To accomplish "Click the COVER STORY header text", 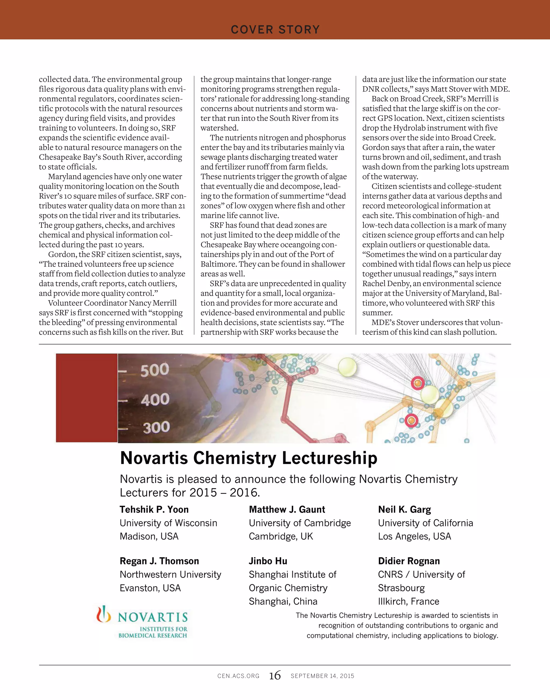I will tap(275, 30).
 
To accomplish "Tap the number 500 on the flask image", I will tap(155, 370).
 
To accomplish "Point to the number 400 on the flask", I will tap(155, 399).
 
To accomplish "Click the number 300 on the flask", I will tap(156, 427).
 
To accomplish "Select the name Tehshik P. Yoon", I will tap(154, 509).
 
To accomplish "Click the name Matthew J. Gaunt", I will tap(287, 509).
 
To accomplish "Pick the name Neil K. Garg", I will tap(404, 509).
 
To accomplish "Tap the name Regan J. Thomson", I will tap(159, 561).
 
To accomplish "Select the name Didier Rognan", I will tap(409, 561).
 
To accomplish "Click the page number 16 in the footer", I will tap(275, 676).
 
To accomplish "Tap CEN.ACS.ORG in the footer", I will tap(238, 676).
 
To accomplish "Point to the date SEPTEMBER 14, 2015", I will tap(322, 676).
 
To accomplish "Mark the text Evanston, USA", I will tap(150, 588).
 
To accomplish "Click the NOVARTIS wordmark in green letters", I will tap(153, 617).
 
